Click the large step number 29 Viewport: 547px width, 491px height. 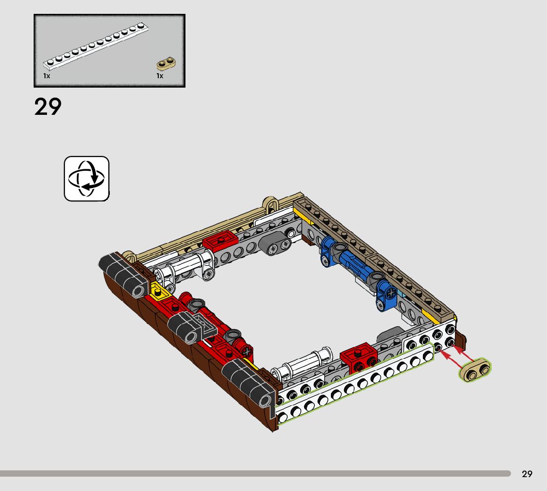pos(48,107)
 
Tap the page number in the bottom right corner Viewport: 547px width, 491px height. pos(527,474)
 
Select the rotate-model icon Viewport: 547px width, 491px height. pos(87,179)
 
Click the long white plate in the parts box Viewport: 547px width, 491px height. pos(95,45)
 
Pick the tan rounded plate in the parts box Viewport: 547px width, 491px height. pos(166,63)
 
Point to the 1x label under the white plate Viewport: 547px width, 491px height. pos(47,76)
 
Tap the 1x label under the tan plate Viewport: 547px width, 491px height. pos(160,76)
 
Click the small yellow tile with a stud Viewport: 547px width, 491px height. pos(159,291)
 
